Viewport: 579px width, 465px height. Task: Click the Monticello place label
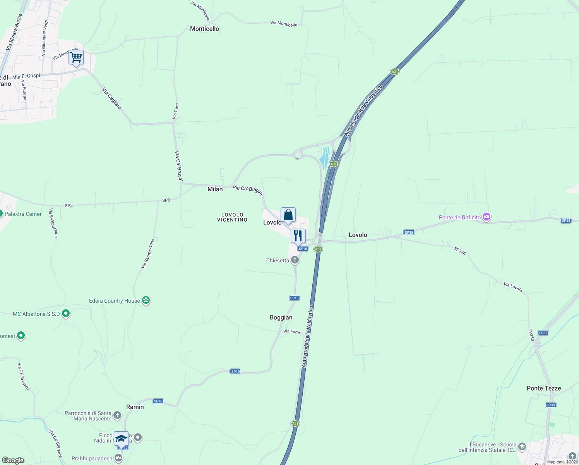(204, 29)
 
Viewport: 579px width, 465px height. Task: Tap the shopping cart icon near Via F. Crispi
(76, 57)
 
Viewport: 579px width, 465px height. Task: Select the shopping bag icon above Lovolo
(288, 215)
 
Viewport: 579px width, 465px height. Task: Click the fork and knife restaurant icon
(298, 236)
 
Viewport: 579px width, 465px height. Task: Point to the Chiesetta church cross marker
(295, 260)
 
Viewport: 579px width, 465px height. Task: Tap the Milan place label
(215, 189)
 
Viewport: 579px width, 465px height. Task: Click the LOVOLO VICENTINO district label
(232, 217)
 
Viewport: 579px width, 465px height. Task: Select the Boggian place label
(281, 317)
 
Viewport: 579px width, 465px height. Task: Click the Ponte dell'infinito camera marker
(486, 217)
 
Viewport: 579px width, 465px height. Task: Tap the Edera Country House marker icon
(146, 300)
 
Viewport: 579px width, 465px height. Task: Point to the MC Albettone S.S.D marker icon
(66, 313)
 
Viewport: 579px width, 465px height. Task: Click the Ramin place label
(135, 407)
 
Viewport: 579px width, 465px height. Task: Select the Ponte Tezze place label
(544, 388)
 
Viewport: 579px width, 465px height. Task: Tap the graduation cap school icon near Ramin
(121, 439)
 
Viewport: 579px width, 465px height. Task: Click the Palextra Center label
(23, 214)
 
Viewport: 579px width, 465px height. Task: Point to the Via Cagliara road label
(111, 98)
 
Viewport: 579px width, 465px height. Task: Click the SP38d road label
(460, 251)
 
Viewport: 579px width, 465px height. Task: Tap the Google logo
(13, 460)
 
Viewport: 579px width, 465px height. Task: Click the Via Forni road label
(291, 331)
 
